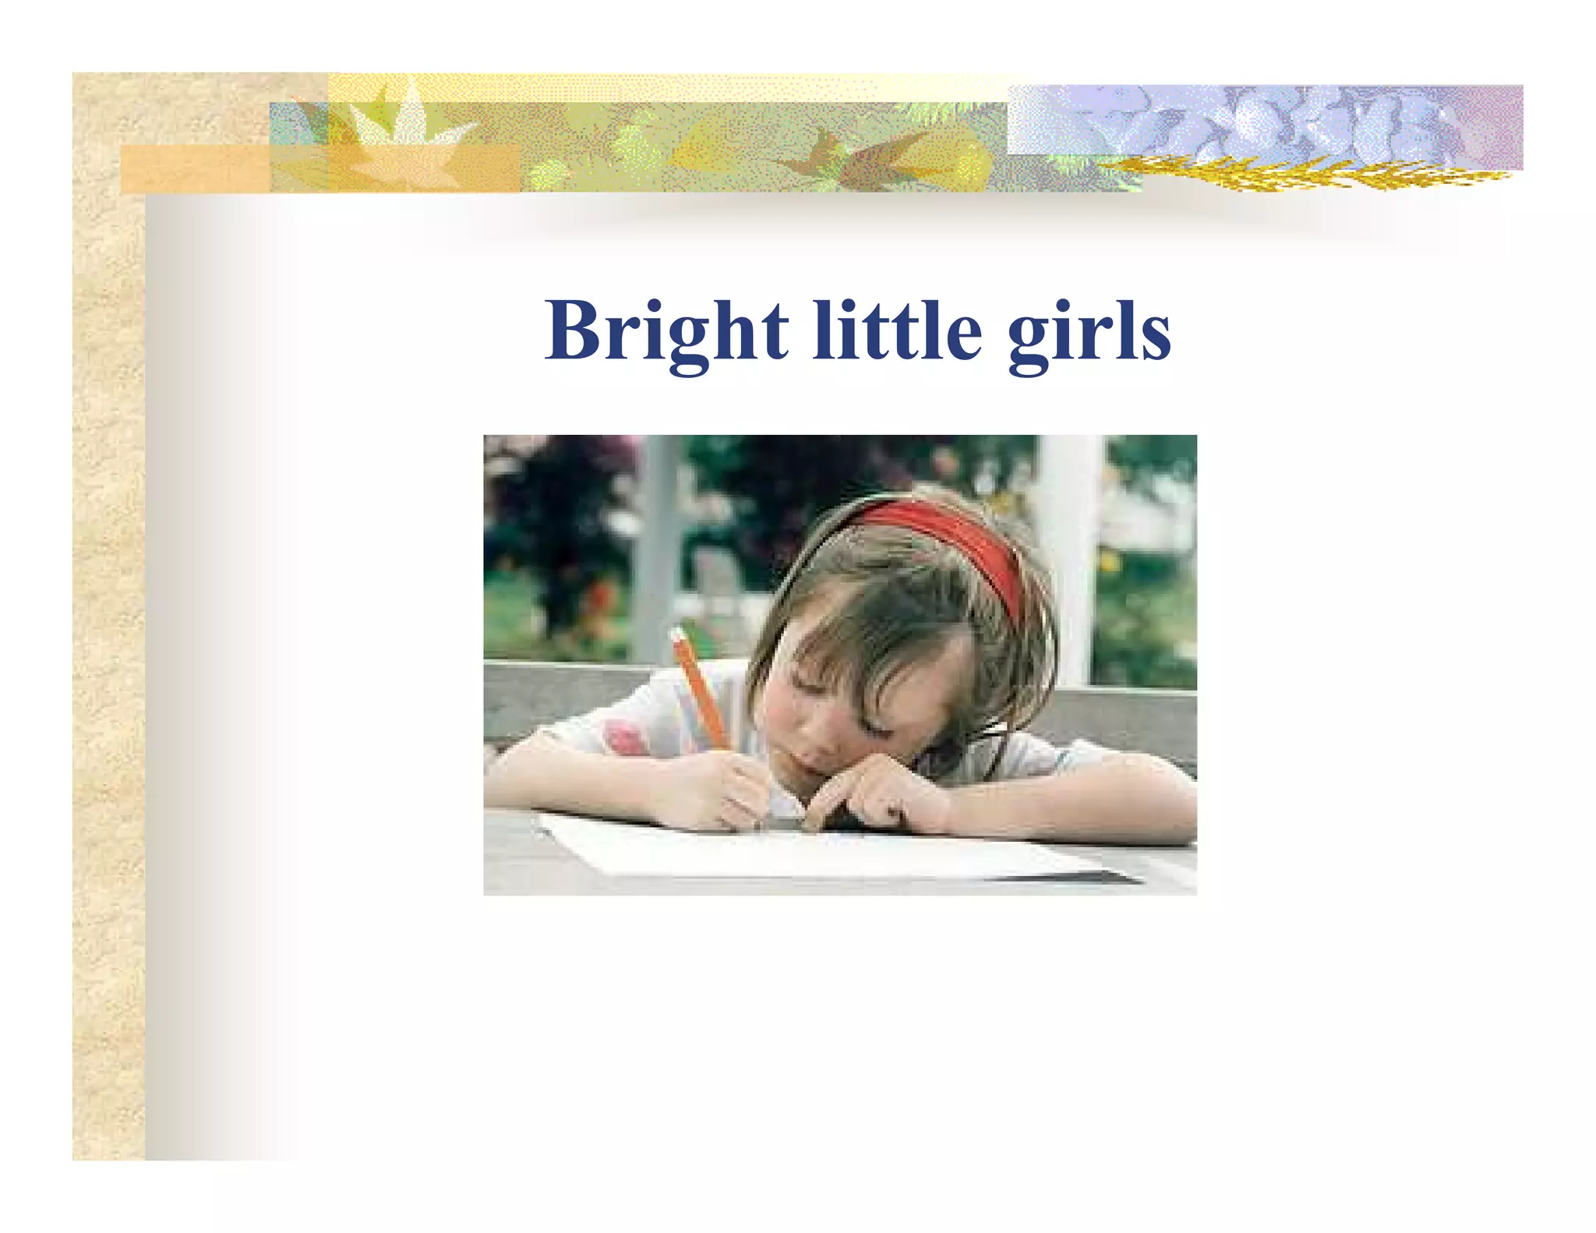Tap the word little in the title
pos(896,331)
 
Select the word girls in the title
pos(1089,335)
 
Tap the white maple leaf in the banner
pos(397,125)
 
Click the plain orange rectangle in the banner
pos(195,169)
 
